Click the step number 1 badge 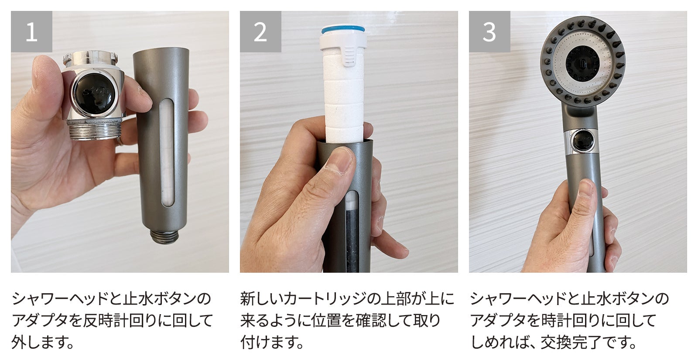pos(31,31)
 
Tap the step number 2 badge pos(260,31)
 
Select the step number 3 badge pos(489,31)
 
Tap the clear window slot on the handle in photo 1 pos(167,153)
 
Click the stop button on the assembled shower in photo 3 pos(583,141)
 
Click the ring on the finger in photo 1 pos(120,141)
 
